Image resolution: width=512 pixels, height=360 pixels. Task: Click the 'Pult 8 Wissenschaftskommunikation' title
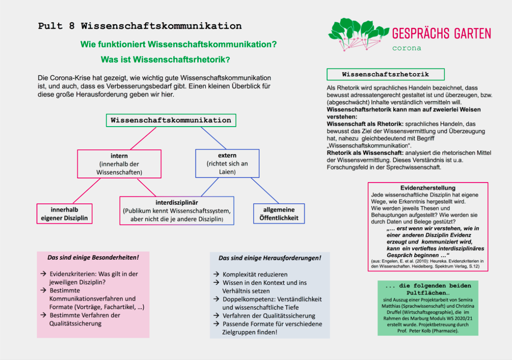[140, 26]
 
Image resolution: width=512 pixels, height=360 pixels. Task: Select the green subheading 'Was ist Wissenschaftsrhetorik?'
[165, 60]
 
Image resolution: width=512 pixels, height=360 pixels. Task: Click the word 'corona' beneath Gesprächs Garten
[407, 48]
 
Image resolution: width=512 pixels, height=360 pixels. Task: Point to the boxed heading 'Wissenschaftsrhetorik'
[385, 74]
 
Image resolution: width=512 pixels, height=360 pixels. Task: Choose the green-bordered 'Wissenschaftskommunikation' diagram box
[171, 120]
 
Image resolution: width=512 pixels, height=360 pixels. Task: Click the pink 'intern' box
[119, 164]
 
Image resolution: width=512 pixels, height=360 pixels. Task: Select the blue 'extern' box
[227, 163]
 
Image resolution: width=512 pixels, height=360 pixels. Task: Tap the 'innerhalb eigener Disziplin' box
[64, 214]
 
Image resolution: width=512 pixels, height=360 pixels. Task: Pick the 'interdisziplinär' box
[177, 211]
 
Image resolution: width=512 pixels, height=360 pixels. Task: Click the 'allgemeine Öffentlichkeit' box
[279, 214]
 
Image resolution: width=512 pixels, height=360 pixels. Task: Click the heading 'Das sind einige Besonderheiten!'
[93, 257]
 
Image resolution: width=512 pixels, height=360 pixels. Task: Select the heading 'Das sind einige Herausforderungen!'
[269, 258]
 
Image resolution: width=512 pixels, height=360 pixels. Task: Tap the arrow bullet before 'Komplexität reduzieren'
[216, 274]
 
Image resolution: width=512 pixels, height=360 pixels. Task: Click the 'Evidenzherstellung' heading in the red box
[427, 188]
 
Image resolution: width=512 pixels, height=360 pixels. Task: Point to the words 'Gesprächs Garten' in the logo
[441, 34]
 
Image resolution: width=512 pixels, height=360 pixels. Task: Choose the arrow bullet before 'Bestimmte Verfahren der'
[43, 315]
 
